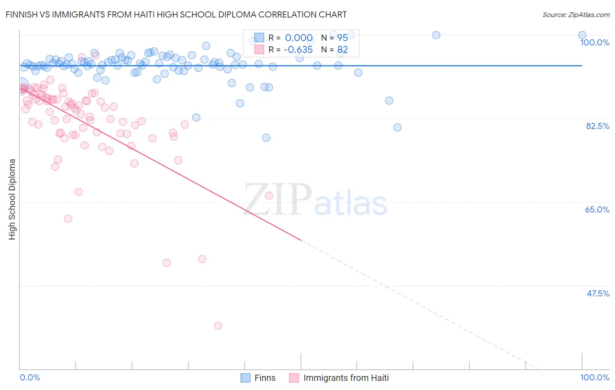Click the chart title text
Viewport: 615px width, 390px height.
pos(176,14)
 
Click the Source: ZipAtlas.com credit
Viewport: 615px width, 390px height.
pos(576,15)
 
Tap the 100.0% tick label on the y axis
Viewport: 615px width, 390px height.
pos(594,42)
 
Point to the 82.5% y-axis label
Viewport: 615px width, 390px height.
pos(598,126)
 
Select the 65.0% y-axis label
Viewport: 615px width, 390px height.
pos(597,209)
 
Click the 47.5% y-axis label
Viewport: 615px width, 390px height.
pos(598,293)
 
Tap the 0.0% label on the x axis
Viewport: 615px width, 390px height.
pos(30,377)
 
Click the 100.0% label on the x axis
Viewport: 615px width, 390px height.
pos(594,377)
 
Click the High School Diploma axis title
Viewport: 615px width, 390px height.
pos(12,199)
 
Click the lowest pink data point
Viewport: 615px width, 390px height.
pos(218,326)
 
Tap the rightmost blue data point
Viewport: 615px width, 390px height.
pos(582,35)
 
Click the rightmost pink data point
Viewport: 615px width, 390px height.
pos(269,195)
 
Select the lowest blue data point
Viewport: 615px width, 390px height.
pos(266,138)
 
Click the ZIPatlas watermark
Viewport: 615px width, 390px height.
pos(315,201)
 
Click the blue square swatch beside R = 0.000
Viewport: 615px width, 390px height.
pos(259,38)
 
